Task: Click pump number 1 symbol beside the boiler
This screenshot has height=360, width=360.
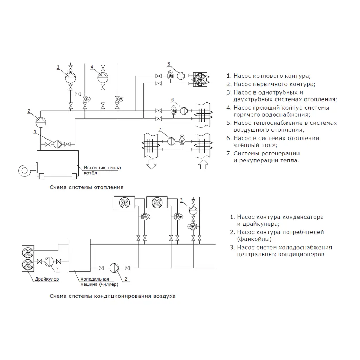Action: pos(58,144)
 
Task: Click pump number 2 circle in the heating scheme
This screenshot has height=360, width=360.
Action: pos(41,121)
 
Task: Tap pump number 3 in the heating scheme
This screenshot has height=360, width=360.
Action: pos(71,77)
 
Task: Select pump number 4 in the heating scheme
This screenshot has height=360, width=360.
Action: pos(103,77)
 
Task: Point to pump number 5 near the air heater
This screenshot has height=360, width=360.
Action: pos(181,76)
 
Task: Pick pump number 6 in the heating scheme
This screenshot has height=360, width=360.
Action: pos(184,111)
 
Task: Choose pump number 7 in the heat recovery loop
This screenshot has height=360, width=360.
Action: pos(171,141)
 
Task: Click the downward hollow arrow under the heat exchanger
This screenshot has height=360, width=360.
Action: pos(152,164)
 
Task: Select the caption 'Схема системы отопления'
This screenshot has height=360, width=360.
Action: pos(86,187)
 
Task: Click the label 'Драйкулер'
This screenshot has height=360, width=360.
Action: pos(47,279)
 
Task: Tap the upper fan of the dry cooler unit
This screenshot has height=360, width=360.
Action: pos(28,253)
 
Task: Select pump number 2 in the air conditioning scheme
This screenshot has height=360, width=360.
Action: pos(115,268)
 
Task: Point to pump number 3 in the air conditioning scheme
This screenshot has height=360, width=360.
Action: pos(193,211)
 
